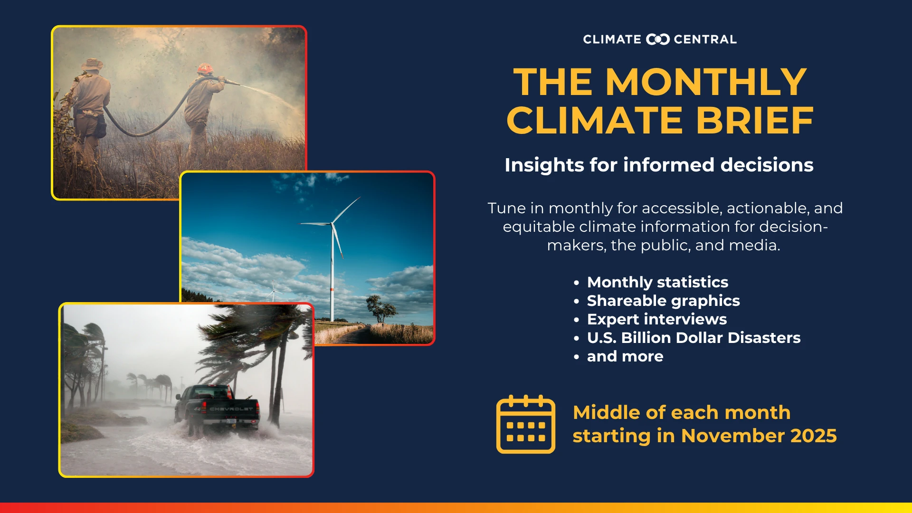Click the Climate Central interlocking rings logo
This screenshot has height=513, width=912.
point(658,39)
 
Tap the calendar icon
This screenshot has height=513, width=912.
point(526,424)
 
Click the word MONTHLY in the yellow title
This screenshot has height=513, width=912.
point(706,82)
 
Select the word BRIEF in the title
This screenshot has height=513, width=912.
point(755,120)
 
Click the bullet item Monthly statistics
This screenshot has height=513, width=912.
point(657,282)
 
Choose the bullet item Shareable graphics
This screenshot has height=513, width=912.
point(664,301)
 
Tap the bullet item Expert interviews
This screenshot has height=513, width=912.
point(657,319)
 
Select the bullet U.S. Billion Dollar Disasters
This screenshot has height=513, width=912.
point(693,338)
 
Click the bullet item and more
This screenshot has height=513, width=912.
point(625,356)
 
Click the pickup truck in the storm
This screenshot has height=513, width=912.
point(217,409)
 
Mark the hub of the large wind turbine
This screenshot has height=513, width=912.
point(332,223)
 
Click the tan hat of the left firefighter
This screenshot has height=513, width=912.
point(92,64)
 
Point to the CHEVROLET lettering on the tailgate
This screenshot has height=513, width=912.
point(231,408)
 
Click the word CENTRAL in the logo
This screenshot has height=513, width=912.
point(705,39)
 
